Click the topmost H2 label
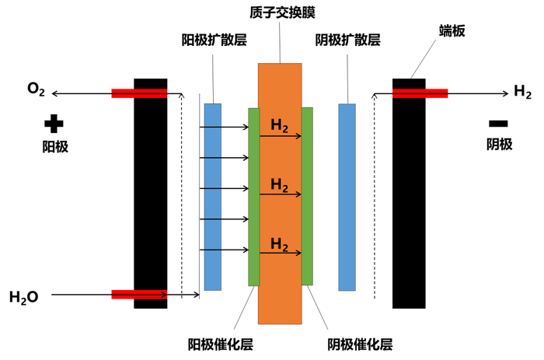279,125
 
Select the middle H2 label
279,185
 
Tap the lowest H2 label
279,243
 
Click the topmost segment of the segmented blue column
212,114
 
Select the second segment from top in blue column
212,142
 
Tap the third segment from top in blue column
212,173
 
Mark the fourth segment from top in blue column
212,204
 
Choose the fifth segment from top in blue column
212,234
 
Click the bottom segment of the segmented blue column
212,271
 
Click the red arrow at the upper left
140,93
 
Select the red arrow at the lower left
140,294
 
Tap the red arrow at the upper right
420,93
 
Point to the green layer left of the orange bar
253,196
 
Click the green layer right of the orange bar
308,196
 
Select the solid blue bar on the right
347,197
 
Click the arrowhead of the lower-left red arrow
166,294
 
